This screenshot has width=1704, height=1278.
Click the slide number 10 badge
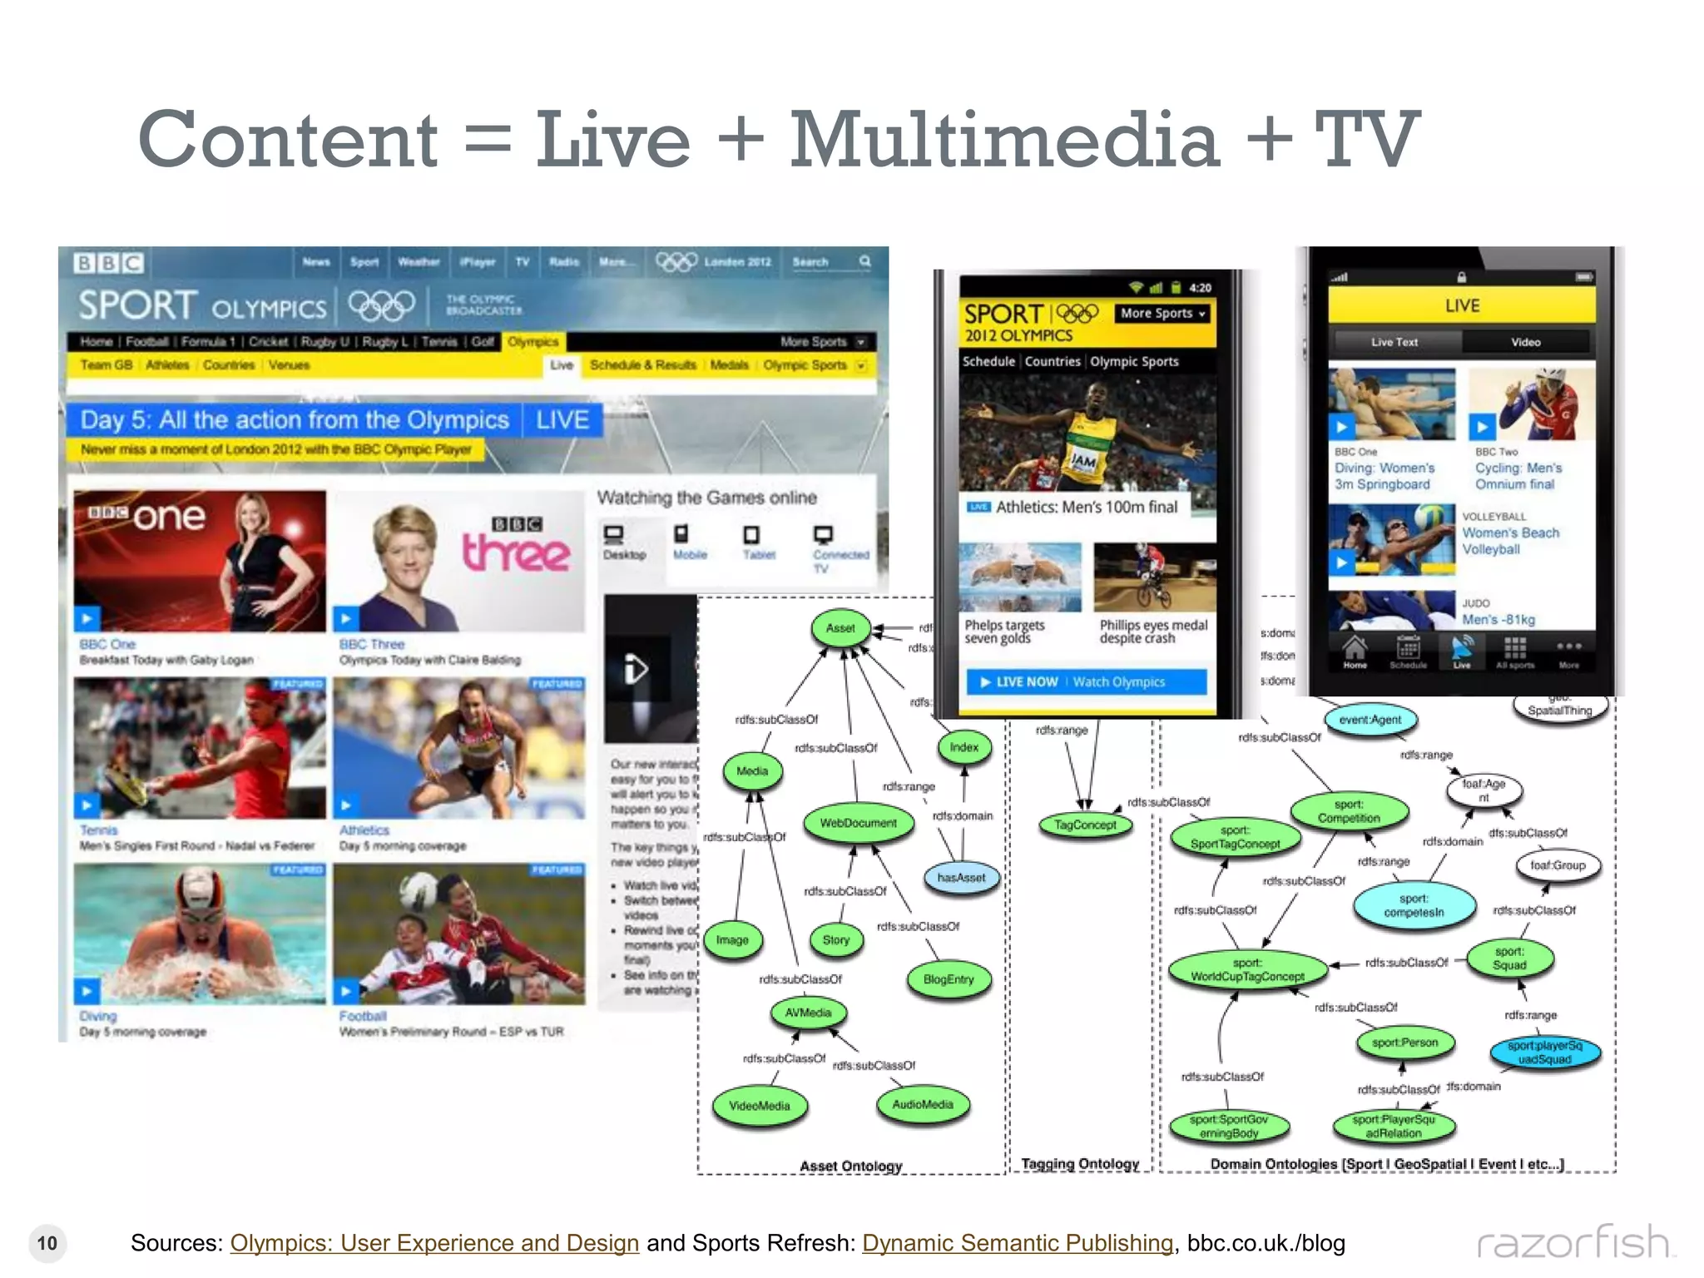(x=47, y=1243)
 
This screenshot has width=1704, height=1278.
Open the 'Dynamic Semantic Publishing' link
(x=1017, y=1243)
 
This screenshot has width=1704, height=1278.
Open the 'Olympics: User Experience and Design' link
(x=434, y=1243)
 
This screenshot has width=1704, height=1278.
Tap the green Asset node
(x=840, y=628)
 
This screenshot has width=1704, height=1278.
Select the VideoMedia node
(x=760, y=1106)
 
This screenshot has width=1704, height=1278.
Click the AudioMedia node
(x=923, y=1104)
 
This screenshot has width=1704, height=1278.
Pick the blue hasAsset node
(x=961, y=878)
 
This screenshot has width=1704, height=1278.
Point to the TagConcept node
(x=1085, y=825)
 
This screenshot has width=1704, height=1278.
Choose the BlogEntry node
(x=949, y=979)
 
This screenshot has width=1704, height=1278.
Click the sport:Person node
(x=1404, y=1043)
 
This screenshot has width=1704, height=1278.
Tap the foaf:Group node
(x=1558, y=865)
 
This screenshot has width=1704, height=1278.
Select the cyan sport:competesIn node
(x=1414, y=905)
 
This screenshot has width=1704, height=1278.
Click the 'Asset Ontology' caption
(x=850, y=1166)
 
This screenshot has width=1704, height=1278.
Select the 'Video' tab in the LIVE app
(x=1525, y=342)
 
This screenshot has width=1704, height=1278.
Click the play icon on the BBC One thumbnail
(x=87, y=618)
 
